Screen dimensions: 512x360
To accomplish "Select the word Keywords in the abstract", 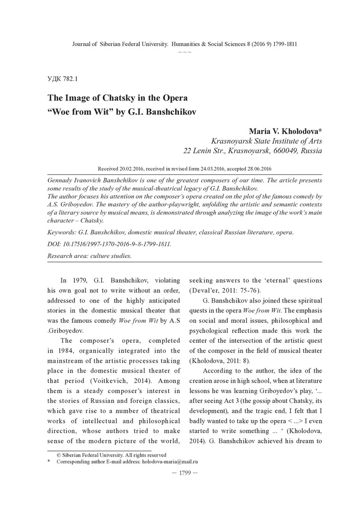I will point(63,232).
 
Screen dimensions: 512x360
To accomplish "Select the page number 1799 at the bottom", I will point(180,474).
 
